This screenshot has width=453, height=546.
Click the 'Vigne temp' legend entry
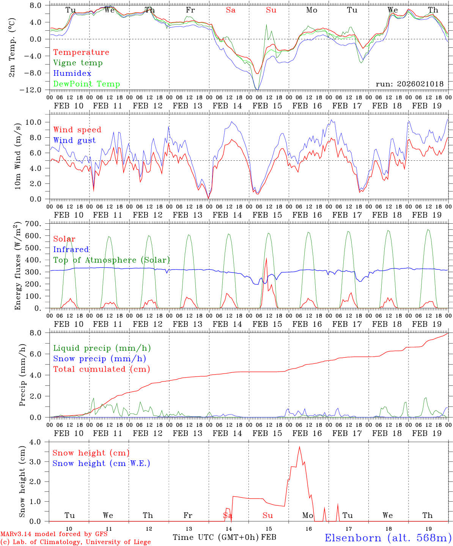[78, 63]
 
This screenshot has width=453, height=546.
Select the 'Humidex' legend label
[72, 74]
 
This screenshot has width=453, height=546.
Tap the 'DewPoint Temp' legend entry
[87, 84]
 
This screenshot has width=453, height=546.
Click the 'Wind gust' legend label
[74, 140]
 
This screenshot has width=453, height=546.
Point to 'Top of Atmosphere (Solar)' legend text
[111, 260]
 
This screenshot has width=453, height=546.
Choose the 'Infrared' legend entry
[71, 249]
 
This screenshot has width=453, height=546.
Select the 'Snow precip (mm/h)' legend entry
[99, 359]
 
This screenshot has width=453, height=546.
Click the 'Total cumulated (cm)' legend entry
[101, 369]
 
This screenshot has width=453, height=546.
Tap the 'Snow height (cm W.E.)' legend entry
[101, 463]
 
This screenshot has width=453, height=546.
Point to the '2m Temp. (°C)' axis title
[12, 47]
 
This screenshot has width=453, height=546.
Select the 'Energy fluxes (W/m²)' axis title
[17, 265]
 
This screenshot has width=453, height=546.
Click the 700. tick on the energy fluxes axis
[37, 224]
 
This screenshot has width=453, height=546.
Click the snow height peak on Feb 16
[299, 447]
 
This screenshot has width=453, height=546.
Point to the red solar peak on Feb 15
[266, 258]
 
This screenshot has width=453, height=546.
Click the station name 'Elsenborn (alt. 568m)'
[388, 538]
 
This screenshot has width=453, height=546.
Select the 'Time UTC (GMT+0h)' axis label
[216, 537]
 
